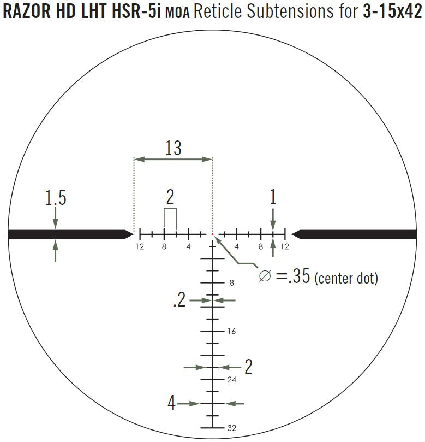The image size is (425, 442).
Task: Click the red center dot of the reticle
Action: [213, 234]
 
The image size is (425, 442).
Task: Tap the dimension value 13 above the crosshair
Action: [173, 148]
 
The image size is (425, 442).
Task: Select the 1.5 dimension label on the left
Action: [56, 198]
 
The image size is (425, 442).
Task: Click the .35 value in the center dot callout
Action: [299, 276]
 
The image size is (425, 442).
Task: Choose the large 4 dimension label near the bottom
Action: [171, 403]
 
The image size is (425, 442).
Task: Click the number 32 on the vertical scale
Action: [232, 428]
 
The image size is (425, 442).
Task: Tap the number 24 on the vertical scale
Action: [232, 380]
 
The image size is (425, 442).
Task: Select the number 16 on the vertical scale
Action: [232, 331]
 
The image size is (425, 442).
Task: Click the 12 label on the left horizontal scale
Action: [140, 246]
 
